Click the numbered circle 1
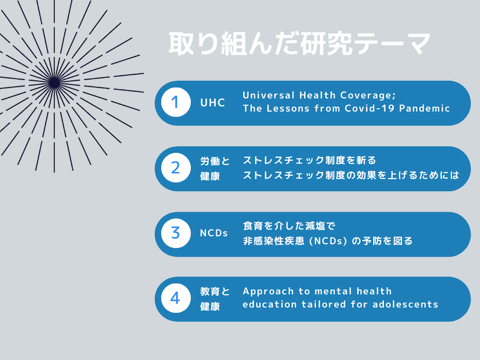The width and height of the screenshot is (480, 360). (175, 102)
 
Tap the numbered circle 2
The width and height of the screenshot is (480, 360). (175, 168)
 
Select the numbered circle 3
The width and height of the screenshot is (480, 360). (175, 233)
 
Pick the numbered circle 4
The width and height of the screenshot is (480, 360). (175, 298)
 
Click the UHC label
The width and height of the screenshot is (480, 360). (213, 103)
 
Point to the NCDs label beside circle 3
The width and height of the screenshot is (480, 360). (214, 233)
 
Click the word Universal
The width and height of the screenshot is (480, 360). (269, 95)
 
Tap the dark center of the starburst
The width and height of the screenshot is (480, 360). (55, 83)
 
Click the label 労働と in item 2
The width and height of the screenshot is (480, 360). (215, 161)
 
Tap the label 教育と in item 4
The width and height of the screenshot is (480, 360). (215, 291)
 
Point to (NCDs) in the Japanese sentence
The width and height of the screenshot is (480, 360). (328, 241)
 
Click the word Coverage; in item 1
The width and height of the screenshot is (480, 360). (368, 96)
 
